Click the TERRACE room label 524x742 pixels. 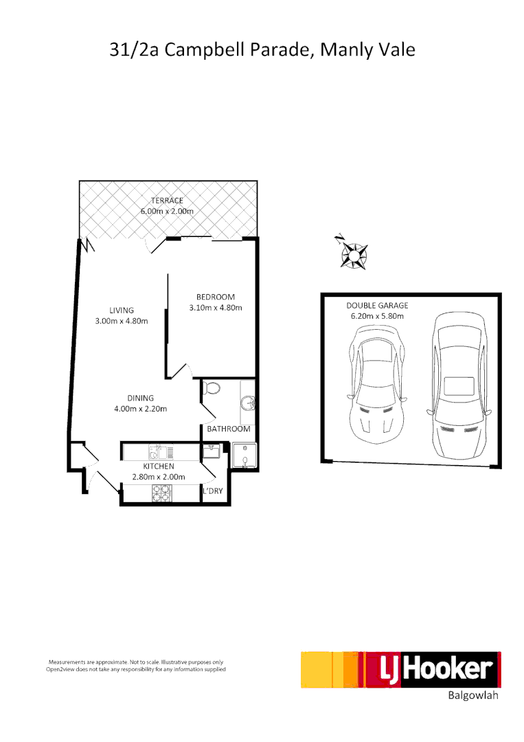pyautogui.click(x=167, y=200)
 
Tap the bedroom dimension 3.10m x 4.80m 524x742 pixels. pyautogui.click(x=216, y=308)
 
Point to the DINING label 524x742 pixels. pyautogui.click(x=140, y=398)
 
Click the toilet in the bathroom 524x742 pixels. pyautogui.click(x=212, y=388)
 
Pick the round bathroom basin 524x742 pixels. pyautogui.click(x=248, y=403)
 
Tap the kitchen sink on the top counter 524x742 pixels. pyautogui.click(x=157, y=452)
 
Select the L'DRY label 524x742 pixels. pyautogui.click(x=212, y=491)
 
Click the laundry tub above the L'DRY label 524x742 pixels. pyautogui.click(x=210, y=452)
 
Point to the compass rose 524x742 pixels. pyautogui.click(x=354, y=255)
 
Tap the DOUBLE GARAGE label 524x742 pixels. pyautogui.click(x=377, y=305)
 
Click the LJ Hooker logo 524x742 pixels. pyautogui.click(x=400, y=670)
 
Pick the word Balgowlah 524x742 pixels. pyautogui.click(x=472, y=696)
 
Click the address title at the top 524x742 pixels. pyautogui.click(x=262, y=50)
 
